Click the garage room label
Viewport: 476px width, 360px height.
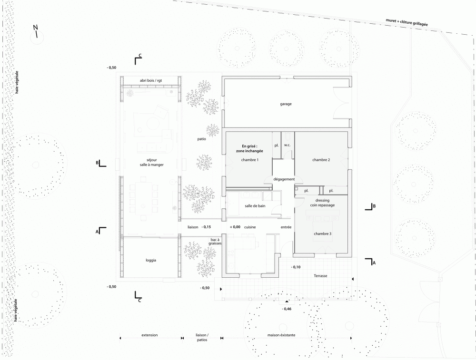tap(286, 104)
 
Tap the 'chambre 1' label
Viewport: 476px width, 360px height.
tap(249, 160)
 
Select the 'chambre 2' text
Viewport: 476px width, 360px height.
tap(321, 160)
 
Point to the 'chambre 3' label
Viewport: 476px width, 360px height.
tap(322, 234)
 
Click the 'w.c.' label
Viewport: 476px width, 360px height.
tap(287, 145)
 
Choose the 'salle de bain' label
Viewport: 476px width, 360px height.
tap(255, 206)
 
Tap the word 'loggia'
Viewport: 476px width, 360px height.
tap(151, 260)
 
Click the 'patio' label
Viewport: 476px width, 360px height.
tap(201, 139)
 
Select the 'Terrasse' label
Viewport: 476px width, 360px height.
tap(320, 276)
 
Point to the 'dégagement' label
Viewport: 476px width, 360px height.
tap(284, 179)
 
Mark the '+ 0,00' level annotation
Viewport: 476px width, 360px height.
tap(235, 227)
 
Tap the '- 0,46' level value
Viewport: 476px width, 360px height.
tap(287, 309)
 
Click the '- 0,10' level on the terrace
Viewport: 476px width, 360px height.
tap(296, 267)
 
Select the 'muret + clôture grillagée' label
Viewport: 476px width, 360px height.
tap(407, 22)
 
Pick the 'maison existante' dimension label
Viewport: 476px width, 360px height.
tap(281, 335)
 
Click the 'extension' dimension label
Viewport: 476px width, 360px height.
tap(149, 335)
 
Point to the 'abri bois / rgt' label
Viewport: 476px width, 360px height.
tap(151, 81)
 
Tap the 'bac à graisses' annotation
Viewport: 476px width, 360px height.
tap(215, 242)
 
